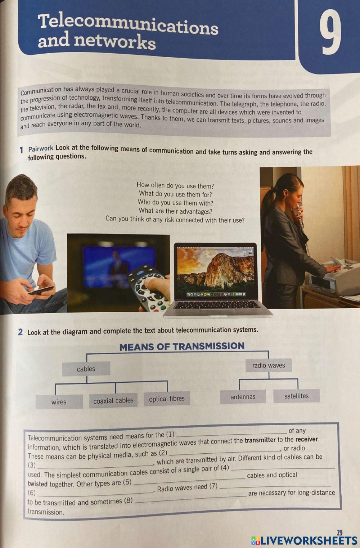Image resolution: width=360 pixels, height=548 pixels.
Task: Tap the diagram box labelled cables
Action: [86, 369]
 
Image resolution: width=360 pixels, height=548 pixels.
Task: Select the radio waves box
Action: [269, 365]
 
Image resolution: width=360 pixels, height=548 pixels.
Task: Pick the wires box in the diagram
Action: [59, 402]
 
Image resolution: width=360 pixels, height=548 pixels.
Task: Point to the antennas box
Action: [243, 397]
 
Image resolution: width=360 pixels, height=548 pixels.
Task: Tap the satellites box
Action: [296, 396]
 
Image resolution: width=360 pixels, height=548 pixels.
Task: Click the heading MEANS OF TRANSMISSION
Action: [182, 347]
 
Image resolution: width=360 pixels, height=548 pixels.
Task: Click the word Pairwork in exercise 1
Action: [41, 148]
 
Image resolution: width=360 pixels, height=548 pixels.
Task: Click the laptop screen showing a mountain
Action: [215, 270]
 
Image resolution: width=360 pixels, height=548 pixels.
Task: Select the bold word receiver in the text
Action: [307, 439]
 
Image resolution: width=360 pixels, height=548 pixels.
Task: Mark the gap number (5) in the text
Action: [127, 482]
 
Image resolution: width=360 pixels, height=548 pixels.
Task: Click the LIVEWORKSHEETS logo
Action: [304, 540]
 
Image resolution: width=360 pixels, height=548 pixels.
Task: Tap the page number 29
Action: [339, 533]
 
